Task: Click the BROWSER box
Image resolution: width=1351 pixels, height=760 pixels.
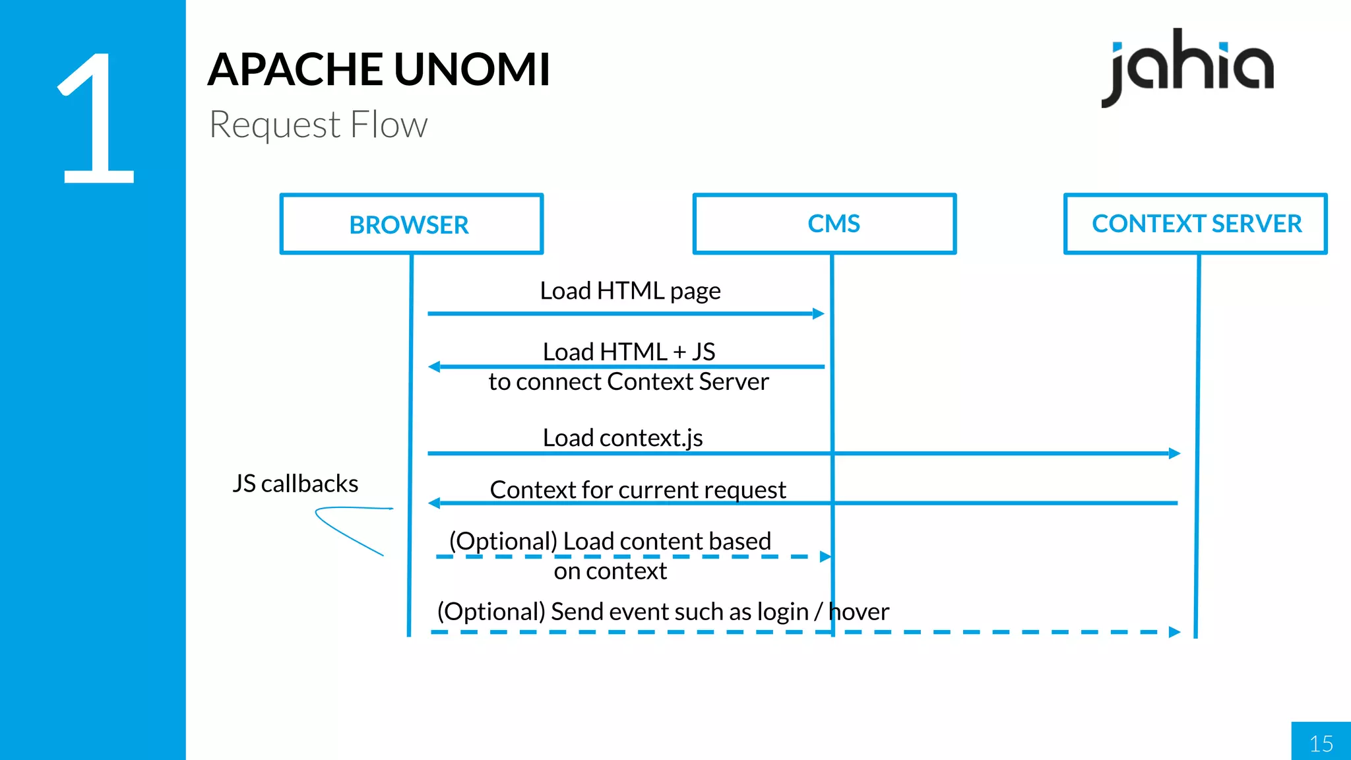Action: point(411,224)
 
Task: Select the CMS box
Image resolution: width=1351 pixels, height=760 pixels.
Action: point(825,224)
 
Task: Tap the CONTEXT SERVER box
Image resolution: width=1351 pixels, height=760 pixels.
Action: point(1195,224)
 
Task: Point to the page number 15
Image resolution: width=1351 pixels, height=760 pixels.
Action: point(1321,744)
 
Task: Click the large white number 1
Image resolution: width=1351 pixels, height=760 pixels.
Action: point(98,119)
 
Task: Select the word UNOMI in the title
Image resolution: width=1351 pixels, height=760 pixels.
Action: point(472,69)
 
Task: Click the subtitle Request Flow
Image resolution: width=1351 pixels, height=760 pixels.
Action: point(318,125)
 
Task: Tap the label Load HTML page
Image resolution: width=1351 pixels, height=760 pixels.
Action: point(630,291)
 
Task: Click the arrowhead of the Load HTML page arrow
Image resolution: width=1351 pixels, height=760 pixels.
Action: point(819,313)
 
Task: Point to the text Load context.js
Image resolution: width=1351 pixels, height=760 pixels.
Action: point(622,437)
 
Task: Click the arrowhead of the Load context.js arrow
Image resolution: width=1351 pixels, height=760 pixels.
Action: point(1174,453)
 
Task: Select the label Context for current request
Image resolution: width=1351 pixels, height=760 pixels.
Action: point(637,490)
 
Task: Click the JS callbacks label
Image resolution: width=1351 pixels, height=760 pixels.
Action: point(295,484)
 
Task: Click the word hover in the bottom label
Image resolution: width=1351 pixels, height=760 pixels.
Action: point(858,612)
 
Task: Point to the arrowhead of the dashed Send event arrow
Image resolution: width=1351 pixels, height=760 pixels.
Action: point(1174,632)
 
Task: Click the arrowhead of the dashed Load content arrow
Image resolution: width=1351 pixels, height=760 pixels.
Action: point(825,557)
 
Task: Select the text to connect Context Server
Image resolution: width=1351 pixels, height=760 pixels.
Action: point(628,382)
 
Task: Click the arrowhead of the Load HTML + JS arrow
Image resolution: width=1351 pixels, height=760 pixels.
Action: point(434,367)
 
